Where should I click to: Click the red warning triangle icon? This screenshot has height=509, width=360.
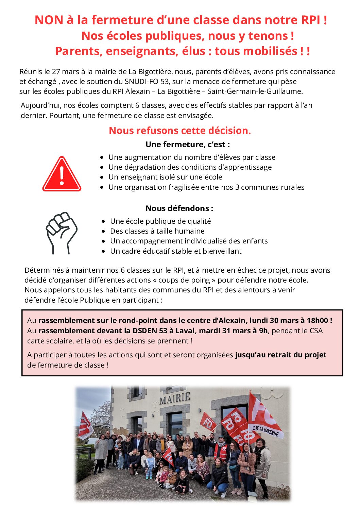tap(62, 174)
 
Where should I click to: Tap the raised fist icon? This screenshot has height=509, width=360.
tap(62, 233)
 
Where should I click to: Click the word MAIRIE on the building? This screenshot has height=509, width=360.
tap(175, 398)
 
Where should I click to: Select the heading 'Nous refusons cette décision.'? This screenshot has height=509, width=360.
tap(179, 131)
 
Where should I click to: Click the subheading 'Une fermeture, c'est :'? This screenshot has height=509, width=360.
tap(187, 145)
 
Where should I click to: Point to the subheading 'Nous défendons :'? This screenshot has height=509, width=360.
tap(179, 208)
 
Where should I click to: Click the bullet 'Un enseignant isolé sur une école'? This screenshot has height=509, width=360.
tap(165, 177)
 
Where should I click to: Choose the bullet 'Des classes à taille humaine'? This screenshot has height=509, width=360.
tap(157, 231)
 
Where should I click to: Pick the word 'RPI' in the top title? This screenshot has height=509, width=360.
tap(311, 20)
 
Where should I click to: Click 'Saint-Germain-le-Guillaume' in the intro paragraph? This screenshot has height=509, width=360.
tap(255, 91)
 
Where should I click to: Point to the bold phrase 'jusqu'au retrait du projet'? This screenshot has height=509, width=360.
tap(280, 355)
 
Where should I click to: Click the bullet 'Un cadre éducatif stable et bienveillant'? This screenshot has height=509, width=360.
tap(176, 251)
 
